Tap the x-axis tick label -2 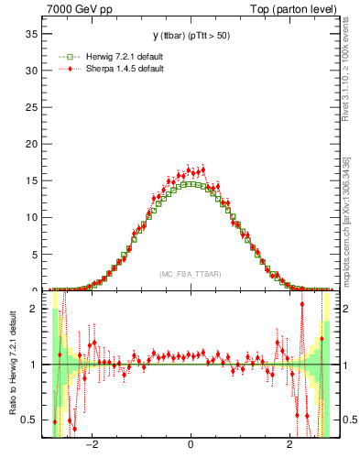[91, 446]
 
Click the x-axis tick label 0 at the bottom [191, 446]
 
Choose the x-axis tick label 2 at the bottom [289, 446]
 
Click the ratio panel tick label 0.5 [32, 420]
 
